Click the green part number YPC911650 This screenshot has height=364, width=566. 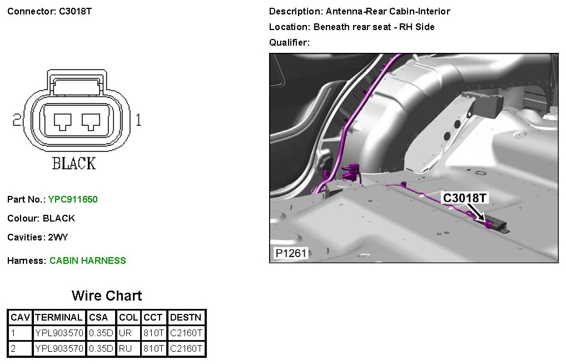(x=73, y=199)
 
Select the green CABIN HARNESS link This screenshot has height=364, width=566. (x=88, y=260)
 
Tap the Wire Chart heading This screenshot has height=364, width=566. (x=107, y=296)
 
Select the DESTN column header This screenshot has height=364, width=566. (x=186, y=317)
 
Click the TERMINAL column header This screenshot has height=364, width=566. (x=59, y=317)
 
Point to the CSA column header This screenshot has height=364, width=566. (x=98, y=317)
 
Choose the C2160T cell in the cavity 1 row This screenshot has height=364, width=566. (x=186, y=333)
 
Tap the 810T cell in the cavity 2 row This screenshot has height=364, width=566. (x=153, y=348)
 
